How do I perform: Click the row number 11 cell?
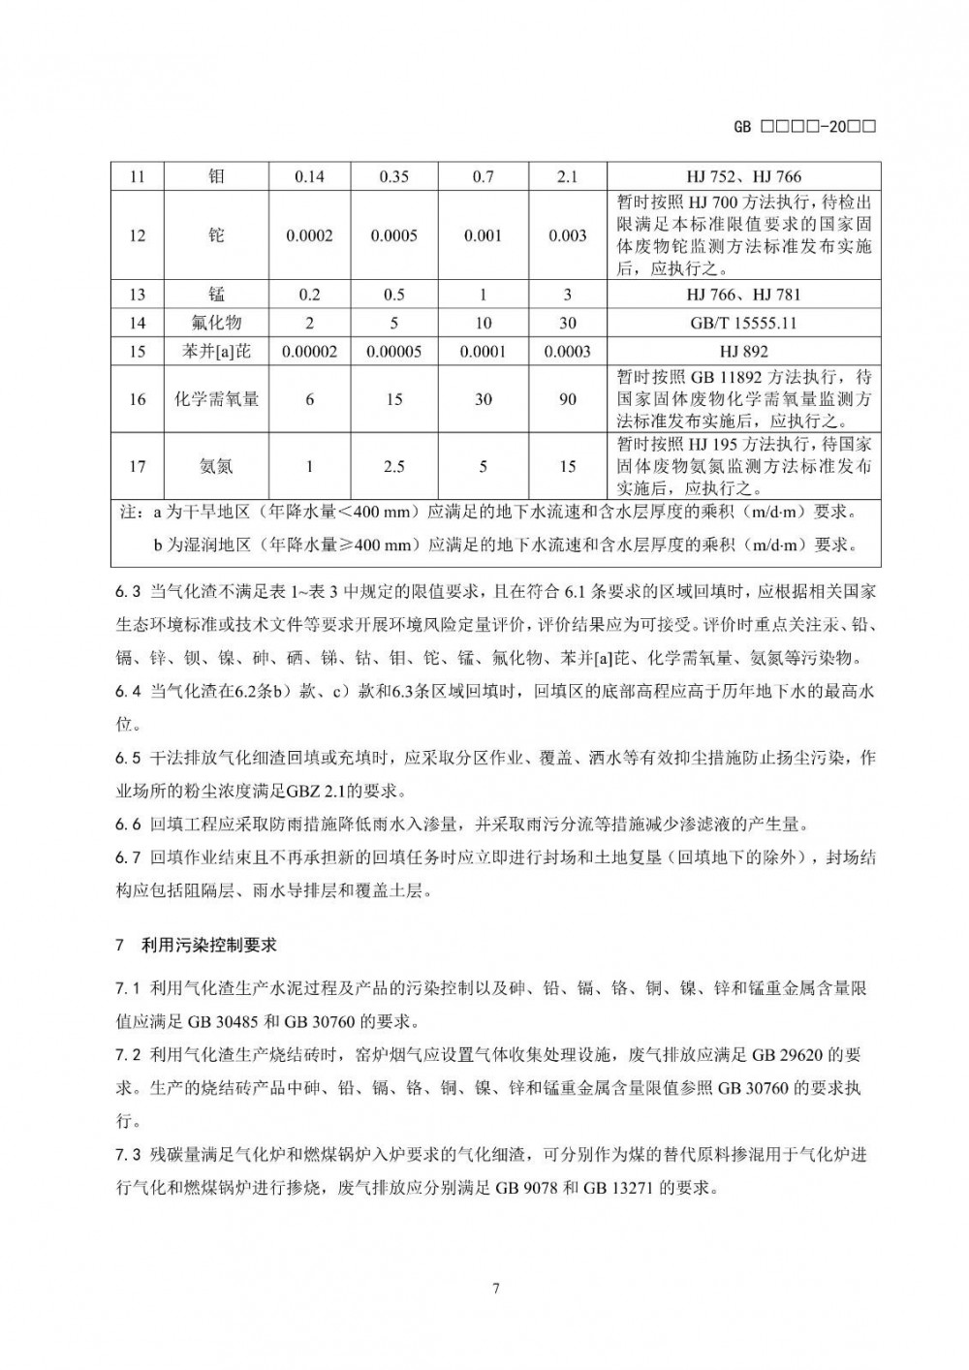137,176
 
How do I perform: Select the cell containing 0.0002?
309,235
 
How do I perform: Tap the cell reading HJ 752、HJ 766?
743,176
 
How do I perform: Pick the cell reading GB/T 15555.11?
743,323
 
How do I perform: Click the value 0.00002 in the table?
309,351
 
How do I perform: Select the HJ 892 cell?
743,351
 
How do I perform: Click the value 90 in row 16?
568,398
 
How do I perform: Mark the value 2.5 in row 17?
393,466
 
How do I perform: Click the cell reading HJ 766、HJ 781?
743,295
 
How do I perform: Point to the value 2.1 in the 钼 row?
568,176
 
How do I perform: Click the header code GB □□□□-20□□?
805,127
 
